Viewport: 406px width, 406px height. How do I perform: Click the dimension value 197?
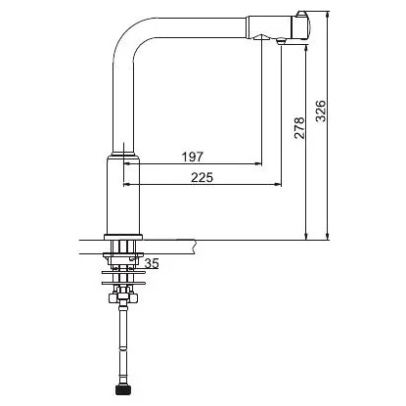[x=192, y=157]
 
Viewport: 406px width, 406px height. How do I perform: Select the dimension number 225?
[x=202, y=177]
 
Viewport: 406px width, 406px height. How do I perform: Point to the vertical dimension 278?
[x=299, y=128]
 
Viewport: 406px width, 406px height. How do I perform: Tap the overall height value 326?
[x=321, y=112]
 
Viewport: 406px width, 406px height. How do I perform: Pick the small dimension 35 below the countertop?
[x=152, y=263]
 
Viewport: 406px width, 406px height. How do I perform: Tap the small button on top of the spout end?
[x=301, y=15]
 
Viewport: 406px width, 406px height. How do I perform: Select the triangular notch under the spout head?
[x=261, y=36]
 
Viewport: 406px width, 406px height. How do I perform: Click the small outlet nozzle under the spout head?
[x=281, y=41]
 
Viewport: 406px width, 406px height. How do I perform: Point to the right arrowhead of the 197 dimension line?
[x=258, y=163]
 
